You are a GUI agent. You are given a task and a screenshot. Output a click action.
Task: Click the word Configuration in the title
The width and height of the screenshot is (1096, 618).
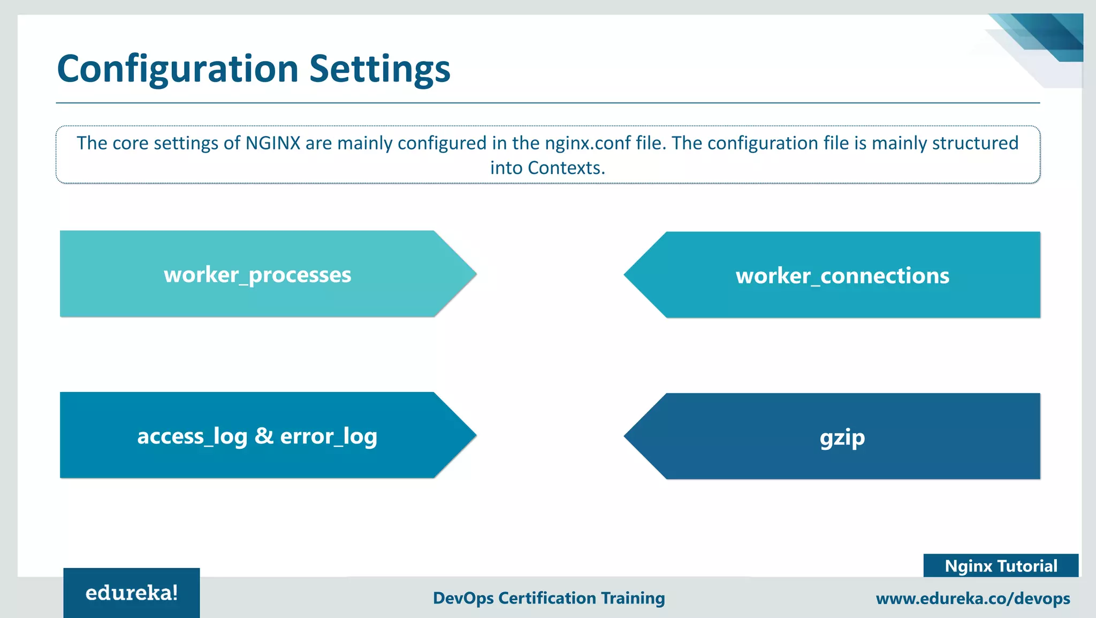coord(177,70)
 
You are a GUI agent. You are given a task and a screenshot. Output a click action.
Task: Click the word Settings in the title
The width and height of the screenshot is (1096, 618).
coord(379,70)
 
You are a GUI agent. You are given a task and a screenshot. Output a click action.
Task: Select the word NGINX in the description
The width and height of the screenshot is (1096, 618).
coord(273,144)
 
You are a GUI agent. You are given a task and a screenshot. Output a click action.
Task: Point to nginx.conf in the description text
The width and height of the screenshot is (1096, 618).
coord(588,144)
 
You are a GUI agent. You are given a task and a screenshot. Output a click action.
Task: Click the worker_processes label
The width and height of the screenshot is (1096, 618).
coord(257,275)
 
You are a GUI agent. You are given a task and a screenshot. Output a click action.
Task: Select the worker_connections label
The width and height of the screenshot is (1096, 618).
coord(842,276)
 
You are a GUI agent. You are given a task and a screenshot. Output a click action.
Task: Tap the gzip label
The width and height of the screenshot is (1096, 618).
coord(842,438)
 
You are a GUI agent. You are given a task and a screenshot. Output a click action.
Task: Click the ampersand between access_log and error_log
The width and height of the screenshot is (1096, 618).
coord(264,436)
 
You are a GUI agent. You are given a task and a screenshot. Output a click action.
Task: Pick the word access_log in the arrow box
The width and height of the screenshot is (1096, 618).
coord(192,436)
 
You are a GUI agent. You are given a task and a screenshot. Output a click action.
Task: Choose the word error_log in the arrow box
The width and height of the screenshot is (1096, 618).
coord(329,436)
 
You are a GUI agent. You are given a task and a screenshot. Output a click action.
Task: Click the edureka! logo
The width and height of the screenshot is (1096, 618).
coord(131,593)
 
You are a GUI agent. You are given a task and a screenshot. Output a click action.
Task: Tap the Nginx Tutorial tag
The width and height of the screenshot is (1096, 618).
coord(1000,566)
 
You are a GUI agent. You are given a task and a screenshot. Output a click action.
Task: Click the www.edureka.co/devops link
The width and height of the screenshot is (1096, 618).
coord(972,598)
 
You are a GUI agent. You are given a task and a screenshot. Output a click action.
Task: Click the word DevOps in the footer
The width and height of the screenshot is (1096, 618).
coord(463,598)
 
